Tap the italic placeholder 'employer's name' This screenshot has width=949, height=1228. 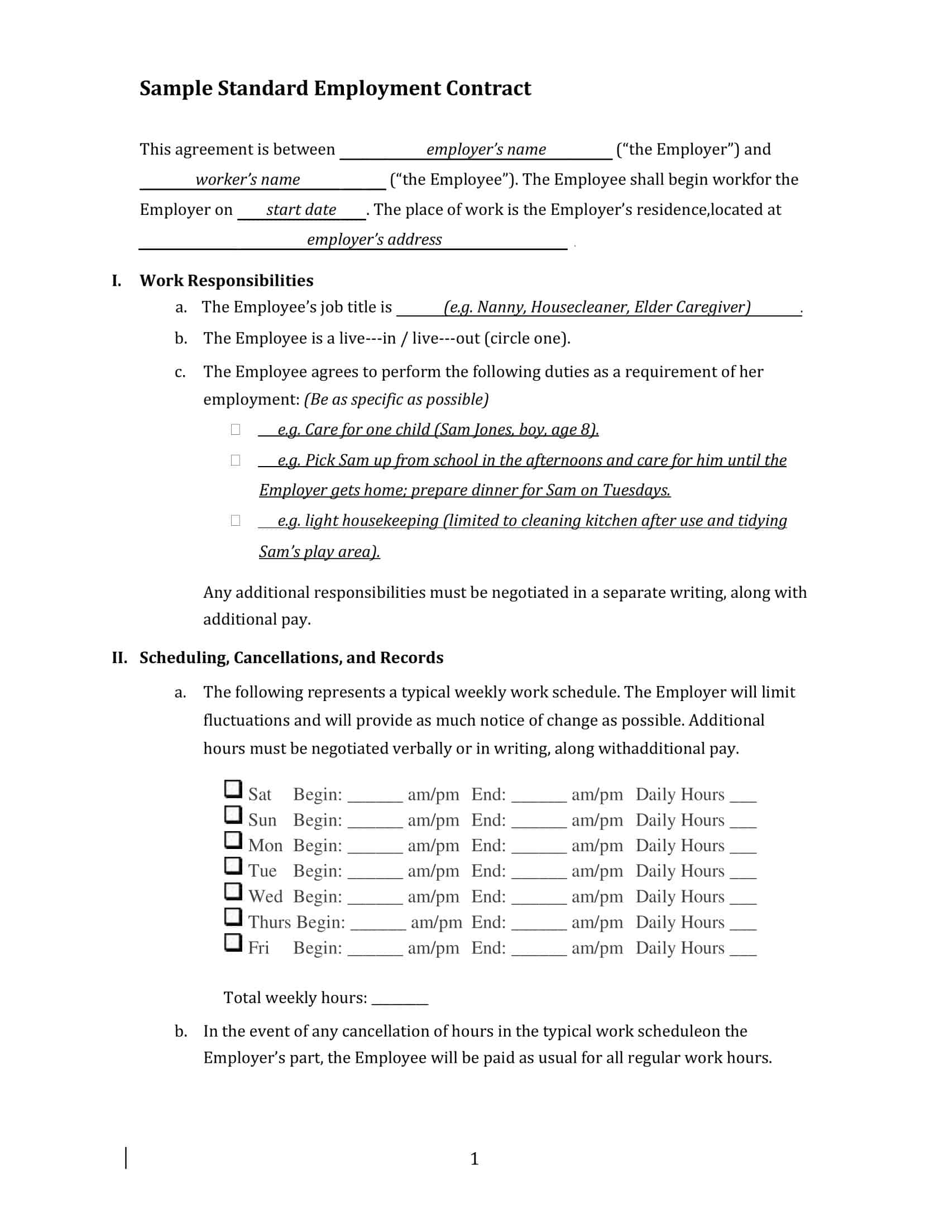coord(486,150)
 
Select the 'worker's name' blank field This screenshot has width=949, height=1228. coord(248,180)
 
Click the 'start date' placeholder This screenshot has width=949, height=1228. coord(301,210)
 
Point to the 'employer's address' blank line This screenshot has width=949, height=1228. coord(374,240)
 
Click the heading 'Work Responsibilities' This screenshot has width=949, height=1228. coord(226,281)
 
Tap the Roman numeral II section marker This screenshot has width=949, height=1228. coord(119,658)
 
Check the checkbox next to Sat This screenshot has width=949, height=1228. coord(233,789)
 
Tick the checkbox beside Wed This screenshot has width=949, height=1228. coord(233,891)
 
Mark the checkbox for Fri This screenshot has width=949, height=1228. coord(233,942)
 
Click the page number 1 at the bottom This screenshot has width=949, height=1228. coord(474,1159)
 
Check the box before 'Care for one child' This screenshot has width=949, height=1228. coord(236,430)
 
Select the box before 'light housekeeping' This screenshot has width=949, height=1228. coord(236,521)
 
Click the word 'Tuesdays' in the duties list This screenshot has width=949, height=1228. coord(636,490)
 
